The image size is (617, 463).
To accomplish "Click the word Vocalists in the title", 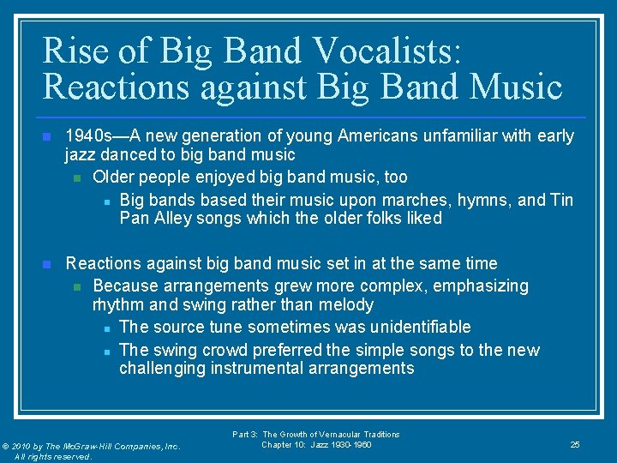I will pos(386,51).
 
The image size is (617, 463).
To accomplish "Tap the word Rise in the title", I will pos(76,51).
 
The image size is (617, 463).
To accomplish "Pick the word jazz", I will pos(82,155).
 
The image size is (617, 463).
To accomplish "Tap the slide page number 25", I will pos(575,444).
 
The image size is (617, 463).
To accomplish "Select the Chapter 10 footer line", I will pos(316,444).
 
